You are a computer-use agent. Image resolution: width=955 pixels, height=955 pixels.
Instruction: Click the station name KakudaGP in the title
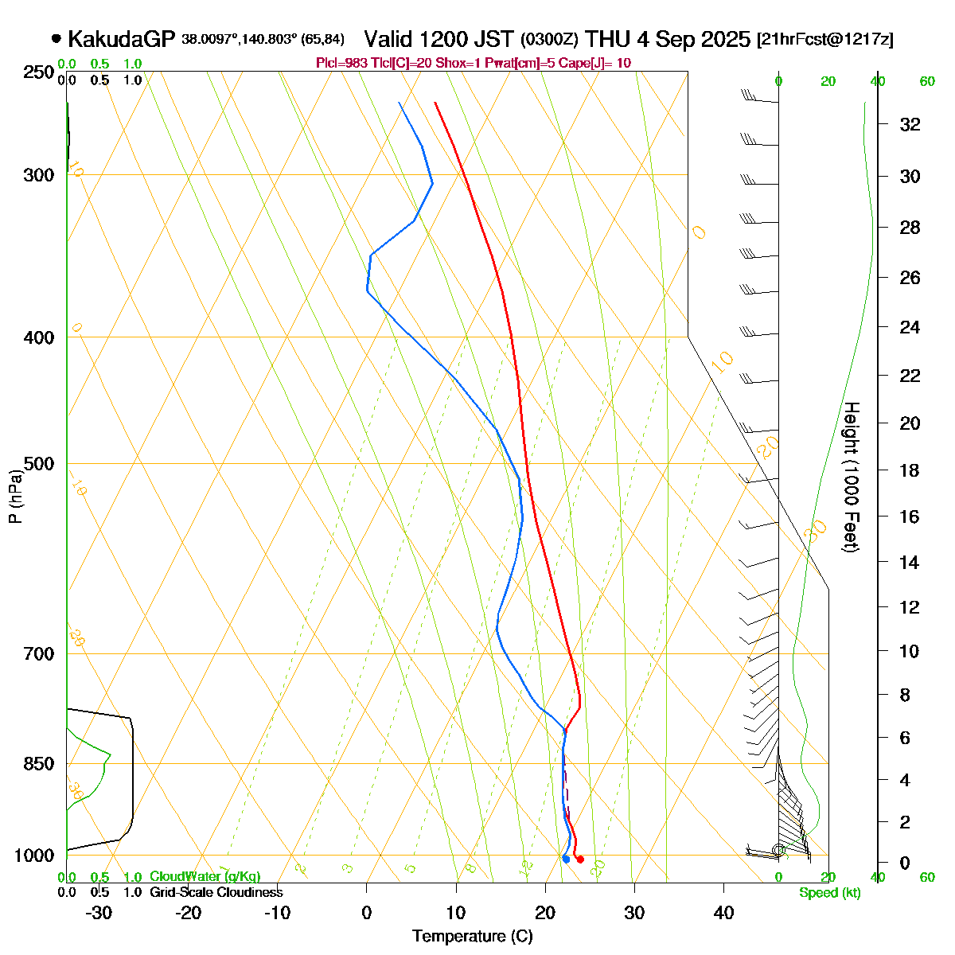[x=122, y=39]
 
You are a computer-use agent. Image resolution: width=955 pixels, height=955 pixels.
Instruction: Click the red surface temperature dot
[x=580, y=859]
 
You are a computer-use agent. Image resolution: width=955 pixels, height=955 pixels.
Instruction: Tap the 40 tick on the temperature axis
[x=723, y=913]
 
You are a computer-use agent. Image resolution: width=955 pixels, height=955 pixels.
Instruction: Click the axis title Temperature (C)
[x=473, y=937]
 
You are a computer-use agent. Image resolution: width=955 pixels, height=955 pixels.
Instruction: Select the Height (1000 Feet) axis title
[x=851, y=477]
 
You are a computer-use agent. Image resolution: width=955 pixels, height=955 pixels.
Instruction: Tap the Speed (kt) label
[x=829, y=893]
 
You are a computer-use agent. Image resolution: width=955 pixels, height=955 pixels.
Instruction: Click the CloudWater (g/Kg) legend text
[x=205, y=877]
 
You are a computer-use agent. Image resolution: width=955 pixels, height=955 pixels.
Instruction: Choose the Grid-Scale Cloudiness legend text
[x=216, y=893]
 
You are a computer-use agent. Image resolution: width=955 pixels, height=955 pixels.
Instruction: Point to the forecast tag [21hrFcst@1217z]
[x=825, y=39]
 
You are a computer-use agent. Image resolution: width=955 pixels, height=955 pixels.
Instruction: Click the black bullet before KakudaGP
[x=56, y=38]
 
